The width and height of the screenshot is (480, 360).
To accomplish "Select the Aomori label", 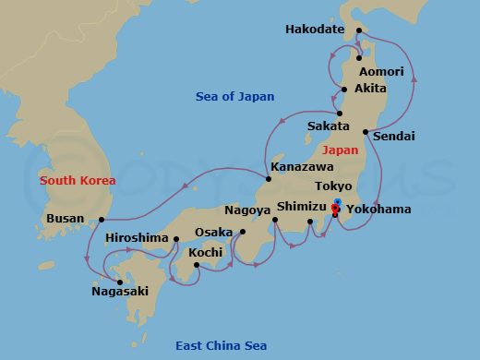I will pyautogui.click(x=381, y=71).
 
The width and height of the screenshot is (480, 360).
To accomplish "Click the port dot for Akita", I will pyautogui.click(x=343, y=90).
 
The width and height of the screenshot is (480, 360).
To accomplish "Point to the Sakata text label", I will pyautogui.click(x=329, y=126).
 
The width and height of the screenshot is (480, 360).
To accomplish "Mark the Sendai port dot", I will pyautogui.click(x=365, y=132).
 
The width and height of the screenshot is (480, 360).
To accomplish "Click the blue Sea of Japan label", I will pyautogui.click(x=234, y=96).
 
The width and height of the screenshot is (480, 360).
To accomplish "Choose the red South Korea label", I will pyautogui.click(x=78, y=181).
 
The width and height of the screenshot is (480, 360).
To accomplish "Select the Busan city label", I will pyautogui.click(x=65, y=219).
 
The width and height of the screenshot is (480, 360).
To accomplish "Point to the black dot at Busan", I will pyautogui.click(x=102, y=220).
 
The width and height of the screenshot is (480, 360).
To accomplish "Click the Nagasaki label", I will pyautogui.click(x=119, y=292).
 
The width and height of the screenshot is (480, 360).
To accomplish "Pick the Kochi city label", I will pyautogui.click(x=205, y=252).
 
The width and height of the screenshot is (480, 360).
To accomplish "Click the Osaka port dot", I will pyautogui.click(x=243, y=232).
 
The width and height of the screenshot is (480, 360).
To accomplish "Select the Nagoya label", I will pyautogui.click(x=246, y=210).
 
